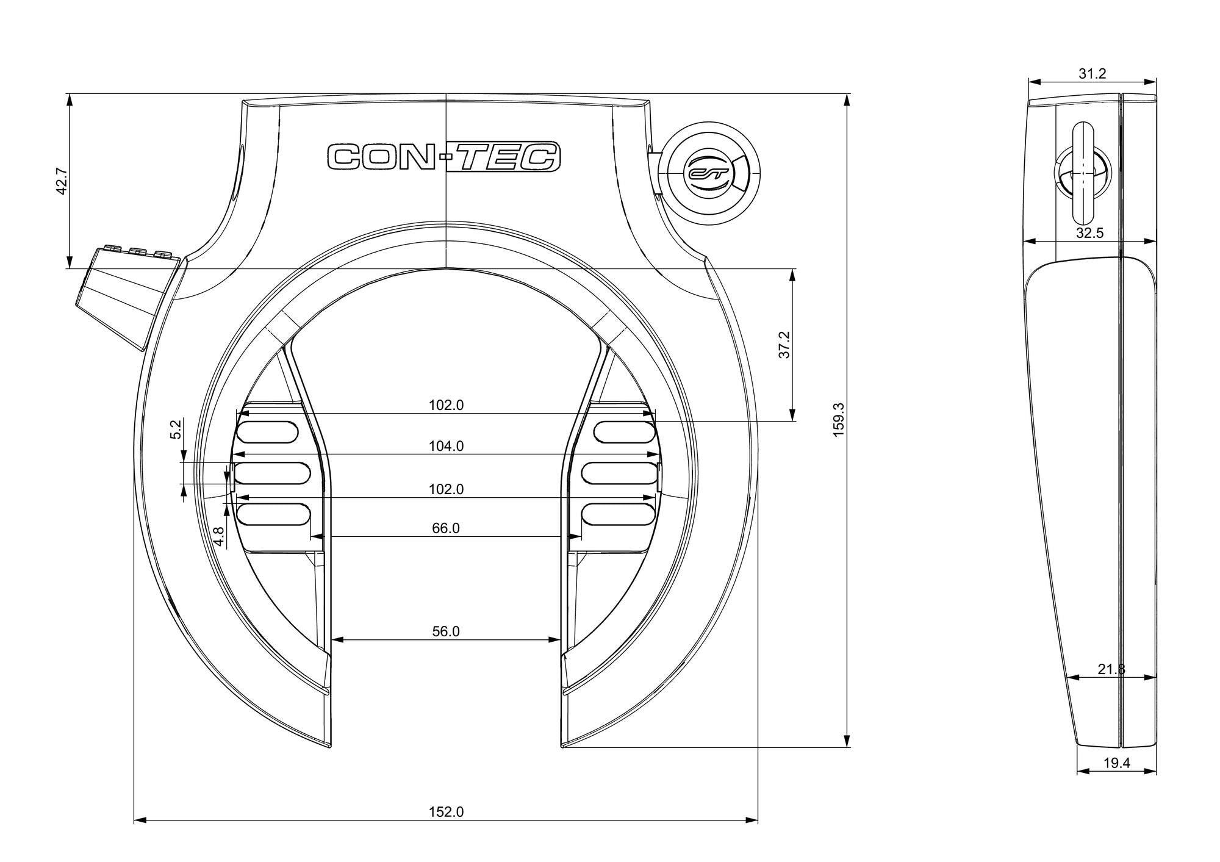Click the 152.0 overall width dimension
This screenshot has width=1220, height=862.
pyautogui.click(x=446, y=812)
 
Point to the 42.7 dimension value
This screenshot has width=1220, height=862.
pyautogui.click(x=60, y=181)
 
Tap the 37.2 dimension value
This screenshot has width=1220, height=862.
pyautogui.click(x=784, y=345)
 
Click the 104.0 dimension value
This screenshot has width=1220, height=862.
pyautogui.click(x=446, y=446)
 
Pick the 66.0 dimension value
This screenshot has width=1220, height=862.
pyautogui.click(x=446, y=528)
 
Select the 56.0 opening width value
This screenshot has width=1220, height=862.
pyautogui.click(x=446, y=631)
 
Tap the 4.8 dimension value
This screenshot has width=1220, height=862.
pyautogui.click(x=218, y=536)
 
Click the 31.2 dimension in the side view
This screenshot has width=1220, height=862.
pyautogui.click(x=1092, y=74)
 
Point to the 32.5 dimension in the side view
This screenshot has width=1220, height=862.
pyautogui.click(x=1089, y=232)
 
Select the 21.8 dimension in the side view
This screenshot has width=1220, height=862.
pyautogui.click(x=1111, y=669)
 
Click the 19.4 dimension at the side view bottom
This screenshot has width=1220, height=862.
pyautogui.click(x=1117, y=763)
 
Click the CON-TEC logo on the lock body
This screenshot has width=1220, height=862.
pyautogui.click(x=444, y=157)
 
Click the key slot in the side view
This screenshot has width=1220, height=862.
pyautogui.click(x=1083, y=173)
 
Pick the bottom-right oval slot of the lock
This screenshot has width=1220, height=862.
pyautogui.click(x=618, y=514)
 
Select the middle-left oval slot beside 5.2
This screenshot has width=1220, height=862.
pyautogui.click(x=272, y=473)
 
